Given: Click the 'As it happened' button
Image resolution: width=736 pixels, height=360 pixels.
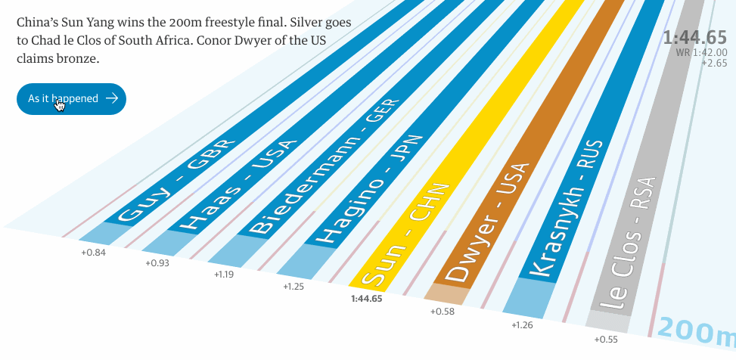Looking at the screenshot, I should [x=71, y=98].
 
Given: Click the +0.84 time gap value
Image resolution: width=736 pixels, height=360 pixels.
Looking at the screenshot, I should [x=93, y=252].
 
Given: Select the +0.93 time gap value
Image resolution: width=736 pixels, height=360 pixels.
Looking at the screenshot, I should [x=157, y=263].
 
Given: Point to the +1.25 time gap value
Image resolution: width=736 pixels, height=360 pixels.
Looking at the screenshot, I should [x=294, y=287].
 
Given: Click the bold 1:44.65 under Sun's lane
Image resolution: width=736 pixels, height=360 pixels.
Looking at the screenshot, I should [x=367, y=299].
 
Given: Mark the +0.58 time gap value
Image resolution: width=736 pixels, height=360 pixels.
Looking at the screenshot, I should [x=443, y=311].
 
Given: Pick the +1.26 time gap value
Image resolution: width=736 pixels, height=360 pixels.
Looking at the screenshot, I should [x=522, y=325].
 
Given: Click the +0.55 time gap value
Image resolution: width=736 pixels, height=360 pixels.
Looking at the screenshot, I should [x=606, y=340].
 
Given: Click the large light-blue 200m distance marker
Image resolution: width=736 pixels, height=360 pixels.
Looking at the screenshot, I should [x=697, y=331].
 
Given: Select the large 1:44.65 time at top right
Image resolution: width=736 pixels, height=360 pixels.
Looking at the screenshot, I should [x=694, y=38].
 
